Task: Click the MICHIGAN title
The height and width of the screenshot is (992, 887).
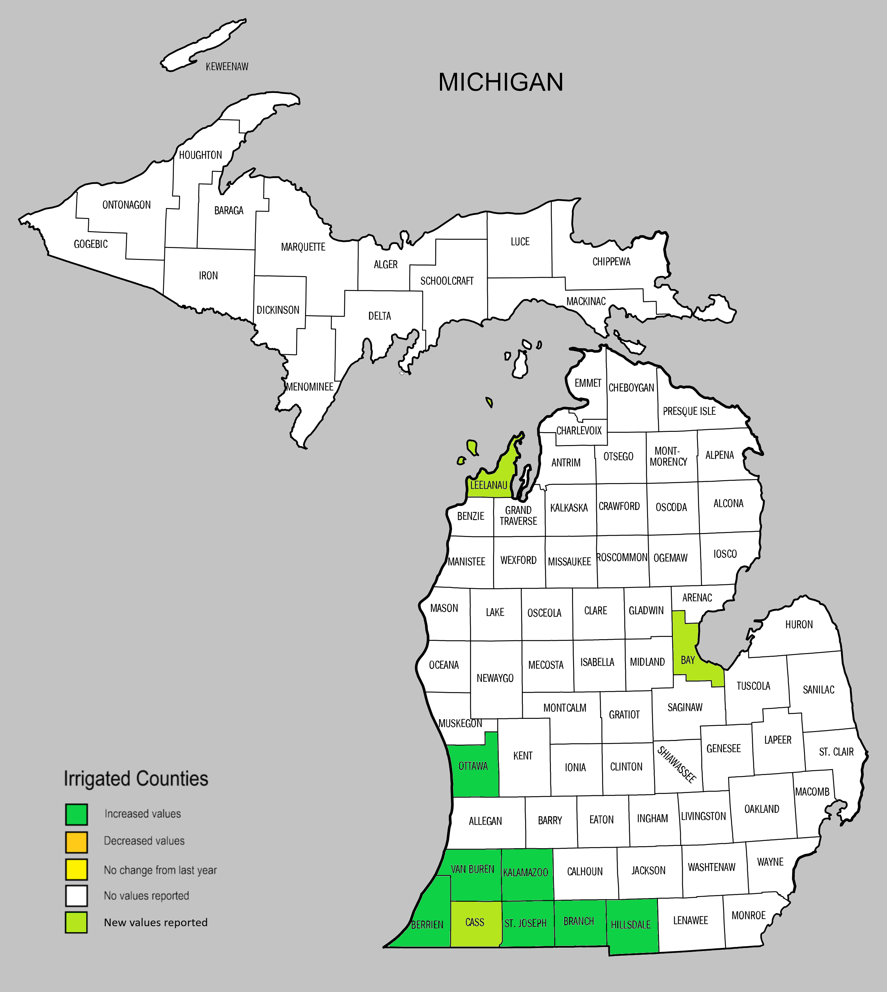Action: (x=501, y=82)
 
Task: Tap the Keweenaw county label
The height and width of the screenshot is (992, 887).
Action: (x=227, y=67)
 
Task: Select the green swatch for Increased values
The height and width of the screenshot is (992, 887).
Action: (x=77, y=814)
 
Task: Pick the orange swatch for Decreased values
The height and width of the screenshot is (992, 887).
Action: (x=77, y=842)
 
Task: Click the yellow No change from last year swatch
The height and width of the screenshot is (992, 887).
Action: (x=77, y=870)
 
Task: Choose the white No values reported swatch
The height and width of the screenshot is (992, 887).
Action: (x=77, y=896)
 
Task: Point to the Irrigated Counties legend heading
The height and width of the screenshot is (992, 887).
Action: (x=136, y=779)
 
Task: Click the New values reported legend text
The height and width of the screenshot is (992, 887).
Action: (x=155, y=922)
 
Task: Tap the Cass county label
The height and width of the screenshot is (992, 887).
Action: (x=475, y=922)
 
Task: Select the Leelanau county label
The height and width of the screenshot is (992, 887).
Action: (x=488, y=485)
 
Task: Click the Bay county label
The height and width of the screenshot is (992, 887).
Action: (x=688, y=660)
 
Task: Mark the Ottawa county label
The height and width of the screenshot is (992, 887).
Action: (x=473, y=766)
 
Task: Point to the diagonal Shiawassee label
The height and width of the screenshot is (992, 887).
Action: (x=676, y=764)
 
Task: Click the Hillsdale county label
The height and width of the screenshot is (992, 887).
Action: (x=631, y=925)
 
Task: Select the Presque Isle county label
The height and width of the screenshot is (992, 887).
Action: (x=689, y=411)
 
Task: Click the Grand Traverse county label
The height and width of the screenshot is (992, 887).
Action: (x=518, y=516)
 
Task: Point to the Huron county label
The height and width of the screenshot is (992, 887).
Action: (x=799, y=625)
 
